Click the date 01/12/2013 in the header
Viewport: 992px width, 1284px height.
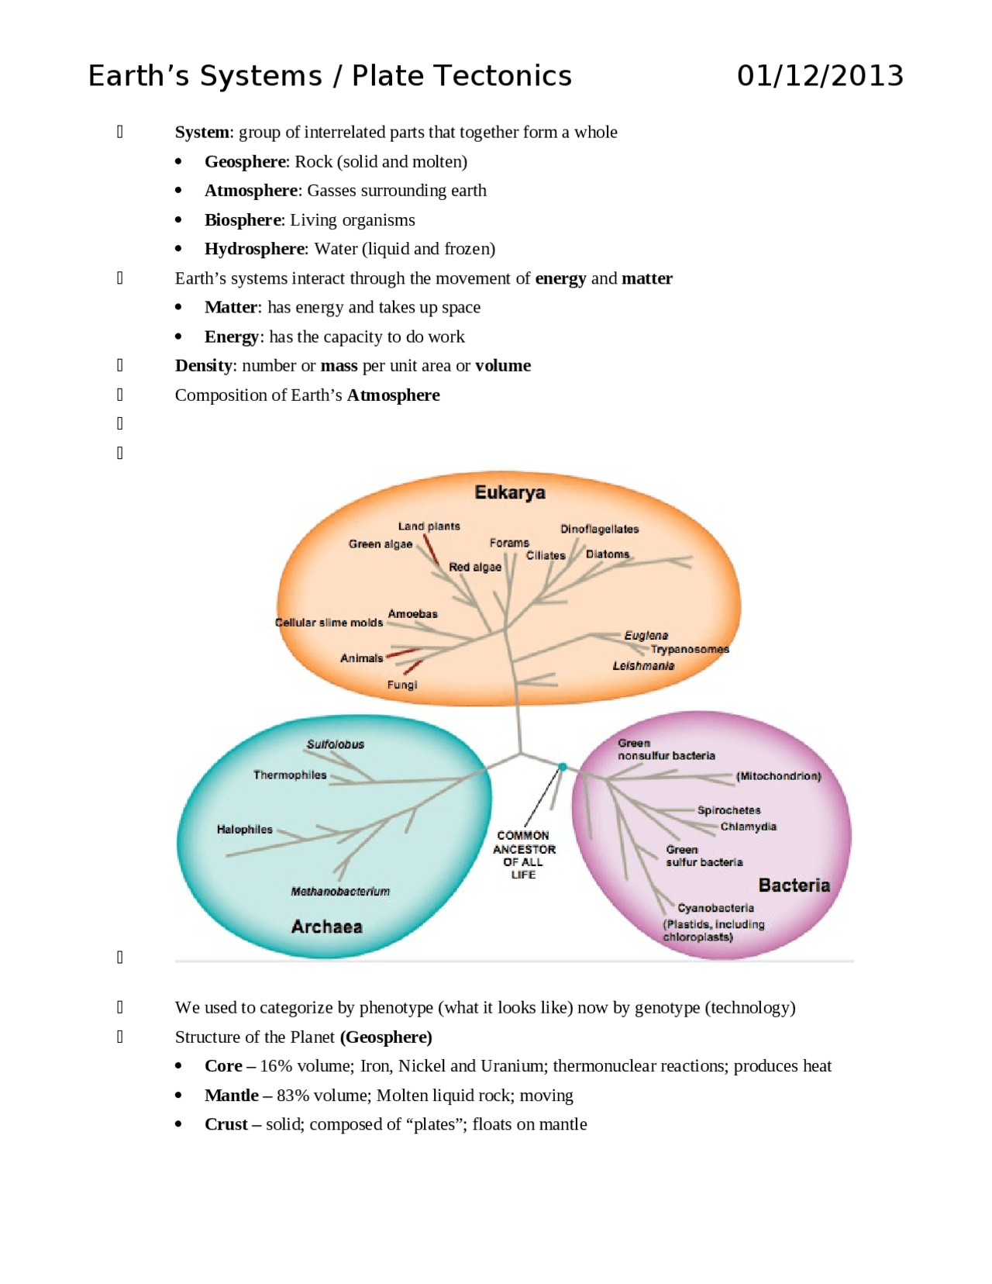[x=820, y=76]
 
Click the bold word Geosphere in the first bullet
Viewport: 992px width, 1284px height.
[x=245, y=161]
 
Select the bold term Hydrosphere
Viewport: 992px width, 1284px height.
[x=254, y=249]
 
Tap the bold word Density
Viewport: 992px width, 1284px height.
[x=204, y=366]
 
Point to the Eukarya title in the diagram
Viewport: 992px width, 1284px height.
[x=510, y=492]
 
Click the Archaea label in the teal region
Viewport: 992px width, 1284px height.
[x=326, y=926]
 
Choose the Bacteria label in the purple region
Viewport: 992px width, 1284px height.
[x=794, y=885]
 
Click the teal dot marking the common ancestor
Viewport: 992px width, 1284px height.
[x=562, y=767]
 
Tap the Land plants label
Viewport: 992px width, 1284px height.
[x=429, y=526]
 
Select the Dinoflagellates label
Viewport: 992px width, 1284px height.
[x=599, y=529]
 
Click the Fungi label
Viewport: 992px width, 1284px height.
[x=402, y=684]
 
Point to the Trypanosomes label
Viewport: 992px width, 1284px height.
[x=690, y=650]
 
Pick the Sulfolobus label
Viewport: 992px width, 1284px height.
[x=336, y=744]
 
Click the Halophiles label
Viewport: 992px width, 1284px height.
[x=244, y=830]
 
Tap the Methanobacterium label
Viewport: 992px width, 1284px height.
[x=340, y=891]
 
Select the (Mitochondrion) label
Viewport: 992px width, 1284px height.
[x=778, y=776]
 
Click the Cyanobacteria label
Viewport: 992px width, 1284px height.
[x=715, y=908]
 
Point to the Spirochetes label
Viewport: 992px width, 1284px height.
[x=728, y=810]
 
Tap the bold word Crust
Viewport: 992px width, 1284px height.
[x=226, y=1123]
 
